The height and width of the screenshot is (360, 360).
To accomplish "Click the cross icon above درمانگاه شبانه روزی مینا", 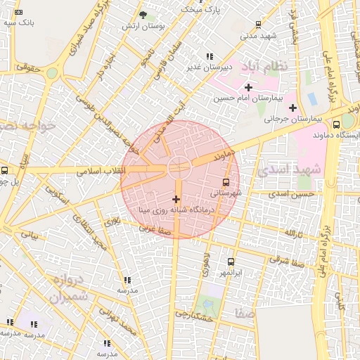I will pyautogui.click(x=176, y=200).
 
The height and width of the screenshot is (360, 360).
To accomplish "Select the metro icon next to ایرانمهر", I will pyautogui.click(x=231, y=262).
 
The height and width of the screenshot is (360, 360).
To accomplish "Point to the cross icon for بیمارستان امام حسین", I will pyautogui.click(x=248, y=86).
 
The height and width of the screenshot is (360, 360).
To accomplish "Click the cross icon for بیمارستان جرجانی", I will pyautogui.click(x=292, y=108).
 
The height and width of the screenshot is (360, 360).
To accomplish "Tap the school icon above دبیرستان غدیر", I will pyautogui.click(x=209, y=56).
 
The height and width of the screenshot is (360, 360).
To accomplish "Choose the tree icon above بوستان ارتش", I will pyautogui.click(x=143, y=15).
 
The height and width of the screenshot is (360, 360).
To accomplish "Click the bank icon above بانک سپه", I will pyautogui.click(x=18, y=12).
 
